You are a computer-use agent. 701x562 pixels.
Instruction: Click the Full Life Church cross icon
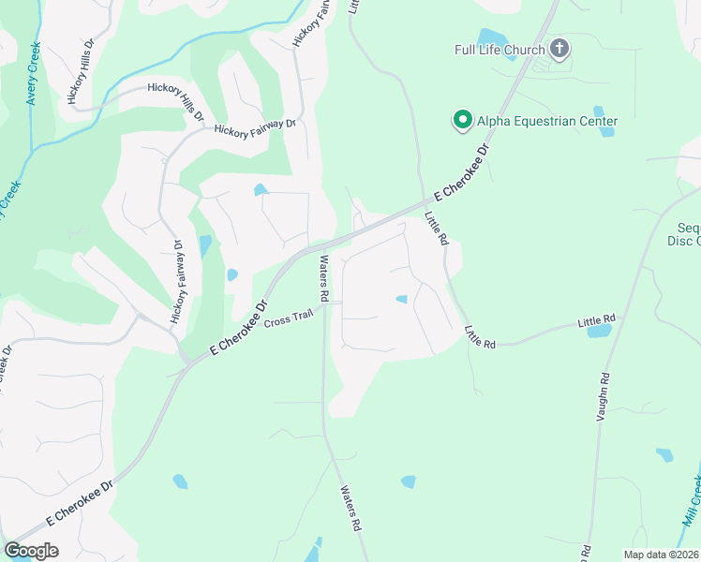coord(559,49)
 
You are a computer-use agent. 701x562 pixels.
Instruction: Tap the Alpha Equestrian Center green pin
coord(462,121)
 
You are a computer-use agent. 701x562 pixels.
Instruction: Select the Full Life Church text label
coord(499,49)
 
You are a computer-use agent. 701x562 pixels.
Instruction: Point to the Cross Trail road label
coord(287,321)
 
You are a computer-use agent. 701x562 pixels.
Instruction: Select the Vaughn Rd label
coord(603,394)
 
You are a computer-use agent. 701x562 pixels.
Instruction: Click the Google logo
coord(31,551)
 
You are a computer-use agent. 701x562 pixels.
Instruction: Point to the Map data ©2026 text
coord(661,555)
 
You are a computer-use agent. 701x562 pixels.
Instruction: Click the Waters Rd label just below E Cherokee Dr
coord(324,278)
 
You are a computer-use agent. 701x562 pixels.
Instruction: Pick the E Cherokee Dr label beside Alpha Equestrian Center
coord(463,173)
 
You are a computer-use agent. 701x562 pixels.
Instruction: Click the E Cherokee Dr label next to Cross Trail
coord(238,327)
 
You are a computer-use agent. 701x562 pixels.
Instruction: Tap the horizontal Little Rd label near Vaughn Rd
coord(596,321)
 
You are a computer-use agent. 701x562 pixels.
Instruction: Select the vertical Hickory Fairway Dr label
coord(177,282)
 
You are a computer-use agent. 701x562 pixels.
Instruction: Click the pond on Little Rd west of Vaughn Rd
coord(600,331)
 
